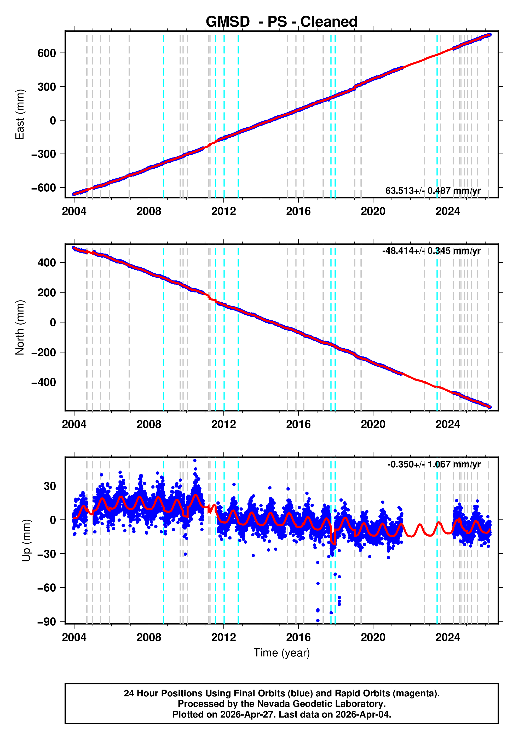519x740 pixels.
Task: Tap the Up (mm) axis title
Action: click(26, 541)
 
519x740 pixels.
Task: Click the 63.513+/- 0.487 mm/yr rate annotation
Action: click(432, 191)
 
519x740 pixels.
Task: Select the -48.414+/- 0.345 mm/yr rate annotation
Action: click(431, 251)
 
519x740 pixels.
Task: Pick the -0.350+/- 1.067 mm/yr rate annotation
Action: click(434, 465)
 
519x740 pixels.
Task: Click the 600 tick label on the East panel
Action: click(47, 53)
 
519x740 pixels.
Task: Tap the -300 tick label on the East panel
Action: click(44, 154)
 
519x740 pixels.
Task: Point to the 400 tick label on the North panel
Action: click(47, 263)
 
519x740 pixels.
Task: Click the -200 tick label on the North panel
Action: click(44, 352)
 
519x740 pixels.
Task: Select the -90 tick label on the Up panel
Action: click(47, 621)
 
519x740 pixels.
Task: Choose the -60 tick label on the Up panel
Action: click(47, 588)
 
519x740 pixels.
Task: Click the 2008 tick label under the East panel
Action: click(149, 212)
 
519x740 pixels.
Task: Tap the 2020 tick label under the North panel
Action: click(373, 425)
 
